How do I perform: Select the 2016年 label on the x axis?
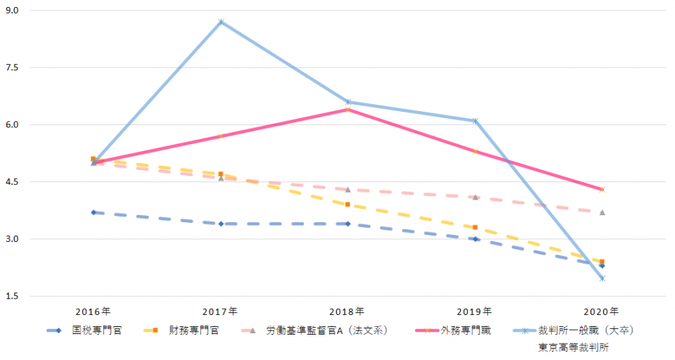93,311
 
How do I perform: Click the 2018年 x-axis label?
347,311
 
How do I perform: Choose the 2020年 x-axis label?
602,311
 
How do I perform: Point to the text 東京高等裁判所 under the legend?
574,347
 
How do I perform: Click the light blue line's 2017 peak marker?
221,22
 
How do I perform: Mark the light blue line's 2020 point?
602,278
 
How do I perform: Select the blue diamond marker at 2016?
94,212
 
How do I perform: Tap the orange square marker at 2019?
475,227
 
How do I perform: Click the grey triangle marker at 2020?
602,212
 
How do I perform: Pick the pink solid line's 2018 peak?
347,109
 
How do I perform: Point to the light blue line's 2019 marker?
475,121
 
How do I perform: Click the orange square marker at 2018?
347,205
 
